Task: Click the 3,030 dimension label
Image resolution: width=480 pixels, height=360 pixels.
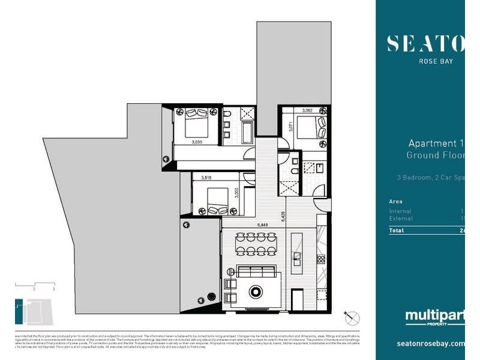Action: click(196, 142)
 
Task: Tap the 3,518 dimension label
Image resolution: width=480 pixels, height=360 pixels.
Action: click(206, 178)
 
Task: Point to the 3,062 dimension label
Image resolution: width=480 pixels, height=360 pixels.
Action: click(307, 110)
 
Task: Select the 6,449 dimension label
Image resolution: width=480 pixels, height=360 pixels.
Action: click(262, 224)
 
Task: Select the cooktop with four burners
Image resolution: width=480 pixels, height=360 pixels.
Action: click(320, 259)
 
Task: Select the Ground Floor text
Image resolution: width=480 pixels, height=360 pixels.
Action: click(435, 155)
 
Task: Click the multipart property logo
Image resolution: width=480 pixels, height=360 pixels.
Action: click(434, 317)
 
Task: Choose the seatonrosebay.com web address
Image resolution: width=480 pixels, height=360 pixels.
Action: click(431, 344)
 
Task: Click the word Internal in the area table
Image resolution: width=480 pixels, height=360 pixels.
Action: click(400, 211)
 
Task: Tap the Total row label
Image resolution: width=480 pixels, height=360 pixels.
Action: click(396, 230)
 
